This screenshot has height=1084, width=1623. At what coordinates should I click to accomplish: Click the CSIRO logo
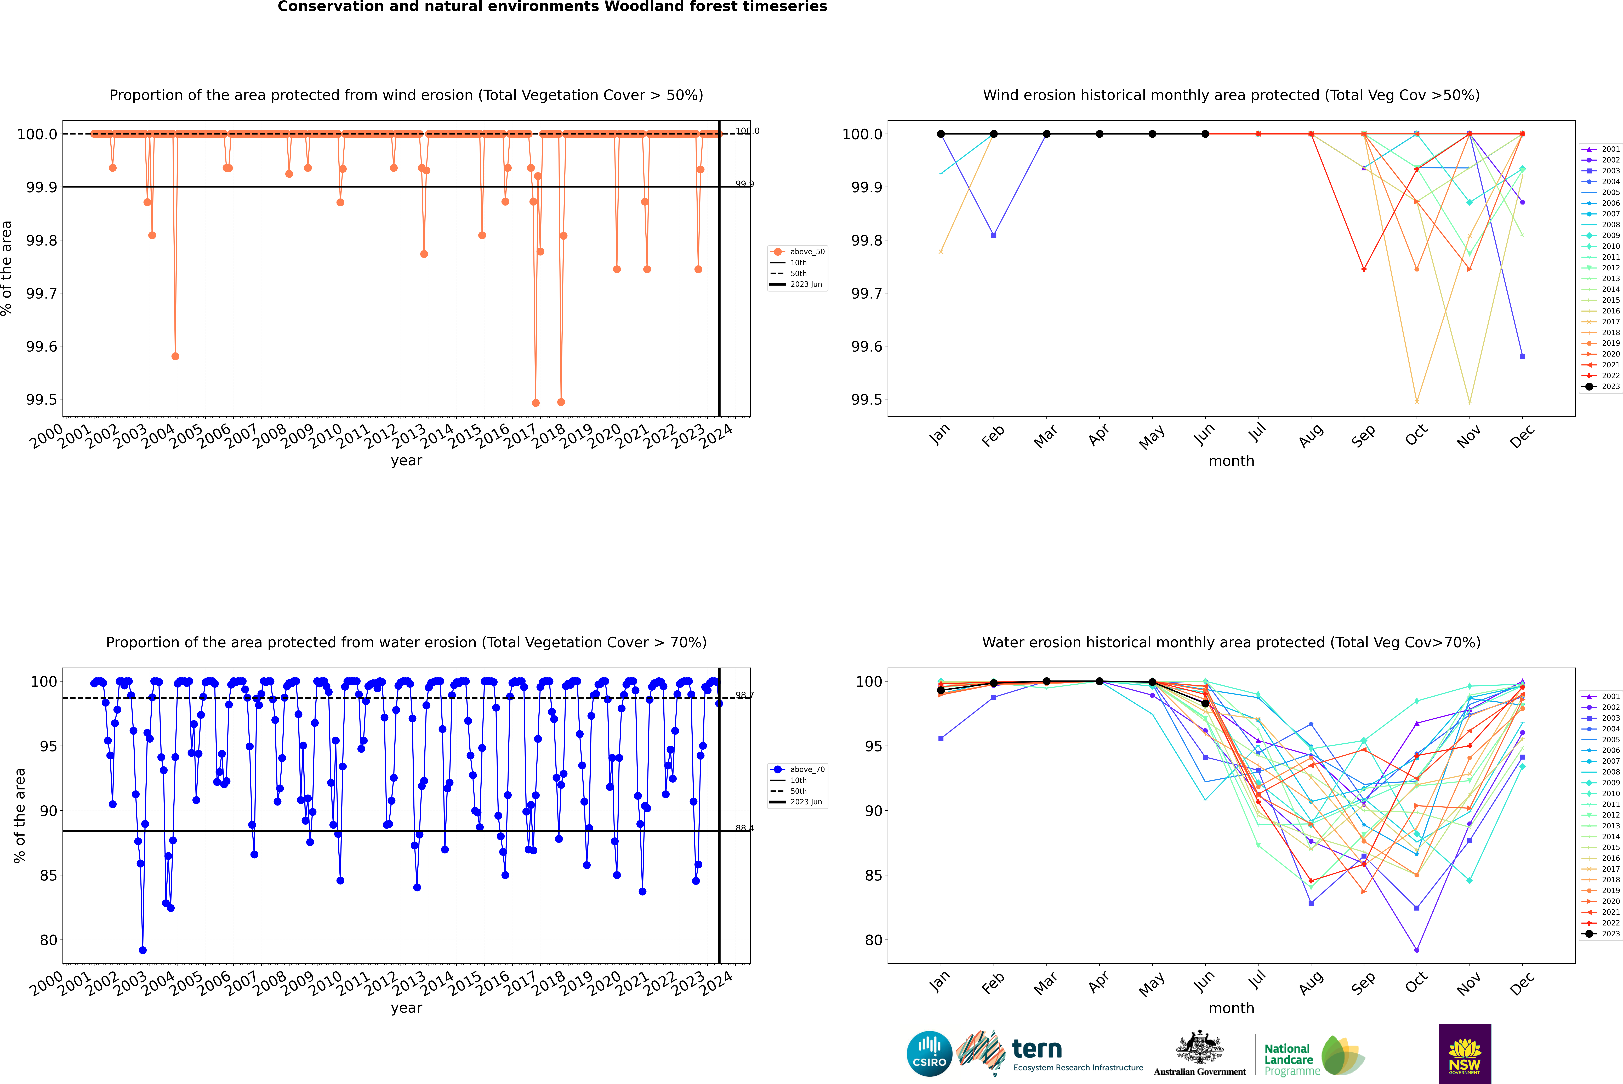click(x=929, y=1054)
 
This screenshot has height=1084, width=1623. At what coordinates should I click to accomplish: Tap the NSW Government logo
click(x=1465, y=1054)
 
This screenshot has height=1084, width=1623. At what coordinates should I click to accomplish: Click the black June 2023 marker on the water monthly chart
click(x=1205, y=704)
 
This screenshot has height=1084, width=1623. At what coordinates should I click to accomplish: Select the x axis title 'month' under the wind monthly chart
click(x=1231, y=461)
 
